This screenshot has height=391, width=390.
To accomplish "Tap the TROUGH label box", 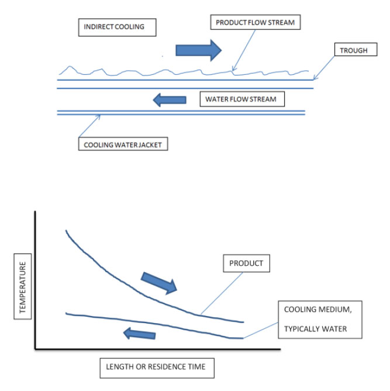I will point(354,50).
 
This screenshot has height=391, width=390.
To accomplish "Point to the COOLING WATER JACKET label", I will point(123,143).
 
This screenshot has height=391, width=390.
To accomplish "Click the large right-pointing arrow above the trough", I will point(199,50).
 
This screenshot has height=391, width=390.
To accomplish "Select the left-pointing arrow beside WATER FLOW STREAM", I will point(170,100).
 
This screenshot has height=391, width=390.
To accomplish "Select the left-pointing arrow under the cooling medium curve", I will point(139,335).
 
